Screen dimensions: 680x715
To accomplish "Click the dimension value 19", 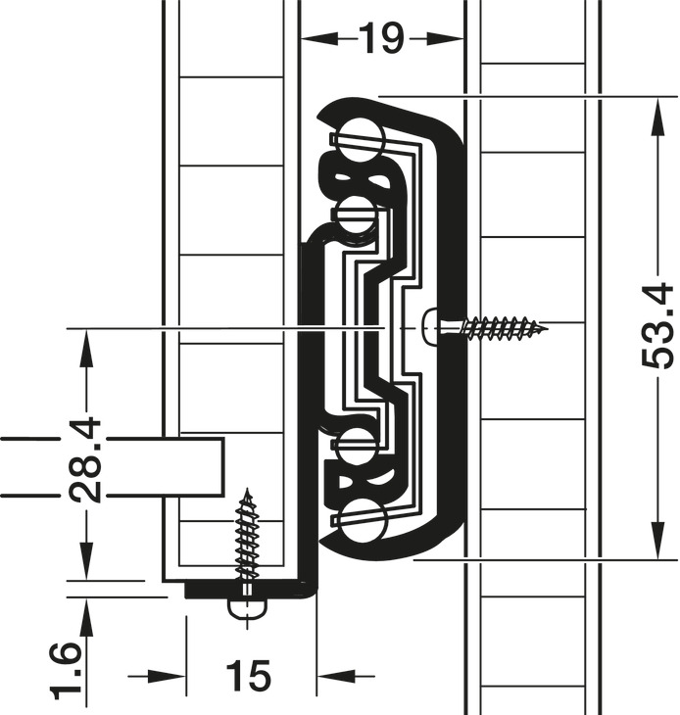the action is tap(381, 39).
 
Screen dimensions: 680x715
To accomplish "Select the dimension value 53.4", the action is tap(657, 326).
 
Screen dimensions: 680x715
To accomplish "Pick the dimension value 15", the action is tap(248, 675).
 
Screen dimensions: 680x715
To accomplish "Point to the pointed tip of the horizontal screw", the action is tap(547, 328).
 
